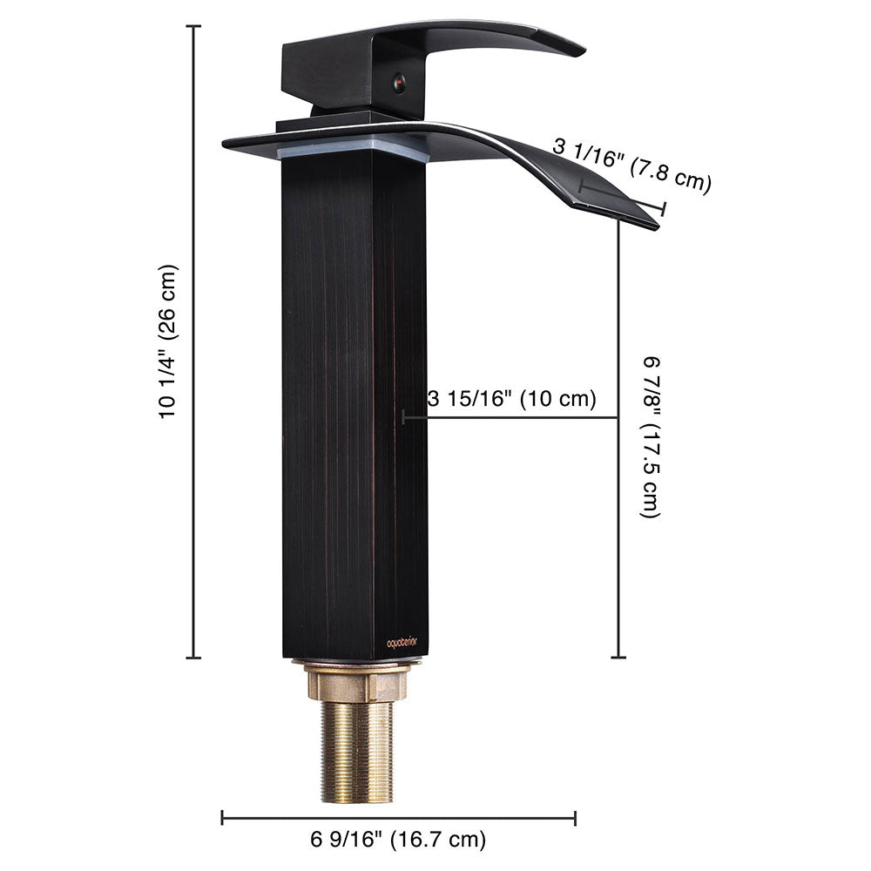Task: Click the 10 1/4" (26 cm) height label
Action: [x=169, y=341]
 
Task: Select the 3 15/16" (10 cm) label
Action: [x=512, y=400]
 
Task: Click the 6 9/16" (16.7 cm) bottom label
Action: [x=398, y=840]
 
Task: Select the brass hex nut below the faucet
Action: [x=356, y=681]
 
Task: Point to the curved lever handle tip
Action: [x=571, y=48]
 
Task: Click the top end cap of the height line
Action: [x=193, y=27]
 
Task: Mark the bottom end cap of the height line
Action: [x=193, y=658]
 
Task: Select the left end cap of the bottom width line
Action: [x=223, y=817]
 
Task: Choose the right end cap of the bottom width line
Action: [x=575, y=817]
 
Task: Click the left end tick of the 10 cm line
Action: [x=404, y=418]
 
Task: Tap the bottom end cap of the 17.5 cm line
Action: [x=618, y=658]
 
